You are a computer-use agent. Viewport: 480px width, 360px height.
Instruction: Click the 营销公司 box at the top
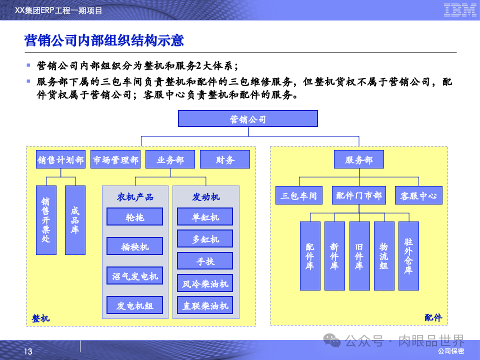248,119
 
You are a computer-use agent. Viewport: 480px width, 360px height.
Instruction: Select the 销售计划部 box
60,159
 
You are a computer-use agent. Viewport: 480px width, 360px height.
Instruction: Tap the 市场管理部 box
115,159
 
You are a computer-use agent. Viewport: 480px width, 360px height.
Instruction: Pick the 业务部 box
170,159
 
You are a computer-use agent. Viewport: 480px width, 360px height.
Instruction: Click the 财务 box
225,159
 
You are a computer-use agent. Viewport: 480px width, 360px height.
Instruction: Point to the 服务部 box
358,159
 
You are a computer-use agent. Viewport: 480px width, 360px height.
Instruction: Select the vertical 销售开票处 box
46,220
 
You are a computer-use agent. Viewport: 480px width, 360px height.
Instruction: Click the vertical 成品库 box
75,220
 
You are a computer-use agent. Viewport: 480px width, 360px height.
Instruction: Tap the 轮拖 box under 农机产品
134,217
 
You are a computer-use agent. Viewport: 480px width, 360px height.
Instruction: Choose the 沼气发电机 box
134,276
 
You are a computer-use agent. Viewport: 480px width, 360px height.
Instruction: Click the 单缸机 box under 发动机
205,217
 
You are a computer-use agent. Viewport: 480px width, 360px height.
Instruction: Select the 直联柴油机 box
205,305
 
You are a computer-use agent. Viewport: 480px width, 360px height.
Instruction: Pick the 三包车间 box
299,195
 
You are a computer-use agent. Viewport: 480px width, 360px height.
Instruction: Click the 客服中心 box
418,195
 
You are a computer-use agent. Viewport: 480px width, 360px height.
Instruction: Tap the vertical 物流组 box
383,256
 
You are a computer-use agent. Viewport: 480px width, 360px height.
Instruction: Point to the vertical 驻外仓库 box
408,256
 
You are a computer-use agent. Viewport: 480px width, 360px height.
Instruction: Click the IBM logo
460,10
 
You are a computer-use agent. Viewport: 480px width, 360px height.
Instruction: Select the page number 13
28,352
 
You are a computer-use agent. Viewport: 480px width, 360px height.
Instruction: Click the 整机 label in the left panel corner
40,318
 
